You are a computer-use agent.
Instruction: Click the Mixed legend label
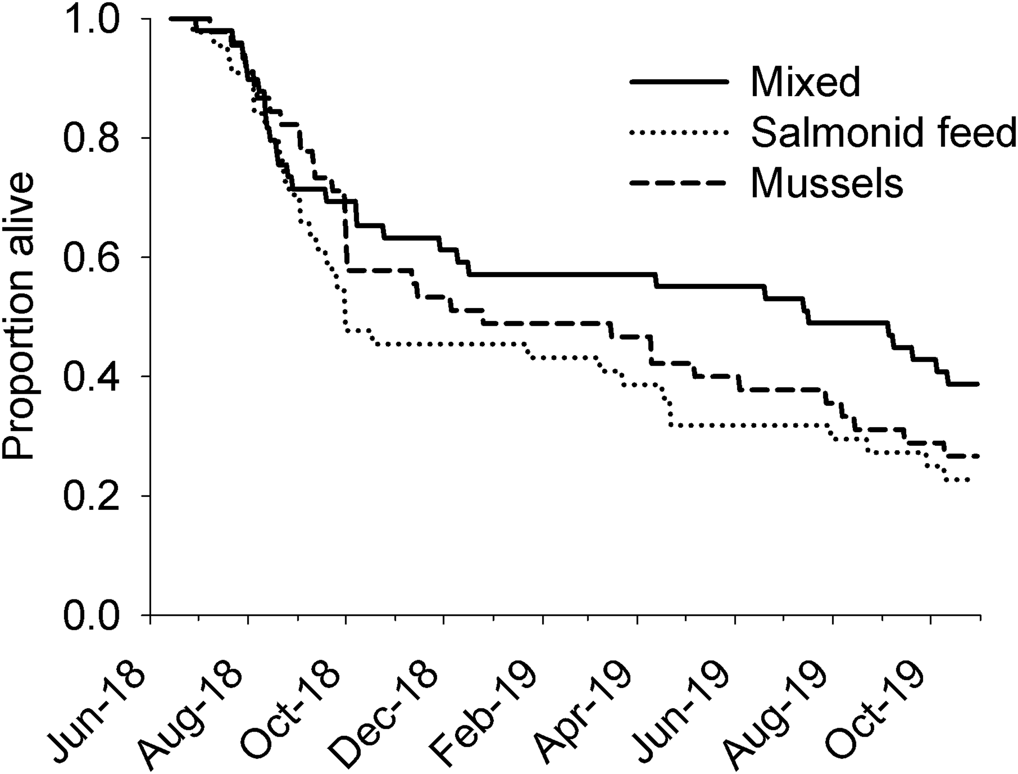pos(805,82)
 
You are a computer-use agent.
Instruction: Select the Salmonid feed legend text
pos(883,133)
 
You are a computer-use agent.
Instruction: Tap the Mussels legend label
pos(827,184)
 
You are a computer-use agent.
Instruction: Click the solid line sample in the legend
pos(680,82)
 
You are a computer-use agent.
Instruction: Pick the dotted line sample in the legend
pos(680,133)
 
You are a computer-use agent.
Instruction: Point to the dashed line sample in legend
pos(680,183)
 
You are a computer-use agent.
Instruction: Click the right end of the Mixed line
pos(978,384)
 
